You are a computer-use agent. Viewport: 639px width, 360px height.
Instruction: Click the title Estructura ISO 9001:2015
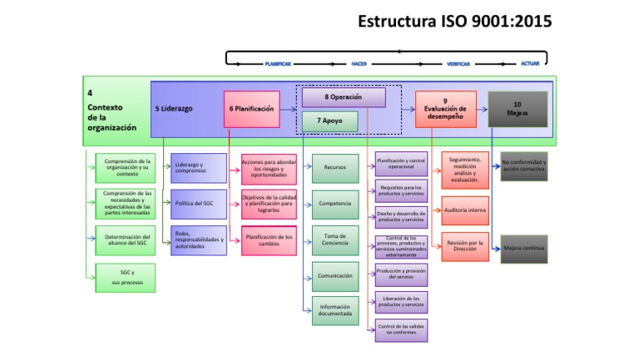(x=453, y=22)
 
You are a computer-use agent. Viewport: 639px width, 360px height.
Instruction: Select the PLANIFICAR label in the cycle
(x=278, y=64)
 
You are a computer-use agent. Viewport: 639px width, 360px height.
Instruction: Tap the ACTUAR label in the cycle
(x=529, y=64)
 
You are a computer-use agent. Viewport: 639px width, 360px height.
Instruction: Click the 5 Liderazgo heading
(x=174, y=109)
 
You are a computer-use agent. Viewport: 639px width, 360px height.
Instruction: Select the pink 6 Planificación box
(x=250, y=109)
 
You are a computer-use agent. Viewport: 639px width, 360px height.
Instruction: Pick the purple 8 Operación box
(x=344, y=97)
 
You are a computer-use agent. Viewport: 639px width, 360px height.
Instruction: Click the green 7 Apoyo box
(x=329, y=121)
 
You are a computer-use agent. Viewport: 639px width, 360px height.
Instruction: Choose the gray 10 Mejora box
(x=518, y=109)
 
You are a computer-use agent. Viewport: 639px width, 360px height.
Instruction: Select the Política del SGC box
(x=198, y=204)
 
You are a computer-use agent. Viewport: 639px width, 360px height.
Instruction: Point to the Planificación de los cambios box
(x=269, y=240)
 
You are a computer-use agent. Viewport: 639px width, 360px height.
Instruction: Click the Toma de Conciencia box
(x=335, y=240)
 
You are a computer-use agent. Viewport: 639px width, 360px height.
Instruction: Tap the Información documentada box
(x=335, y=311)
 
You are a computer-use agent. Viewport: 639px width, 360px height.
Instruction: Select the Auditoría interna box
(x=465, y=211)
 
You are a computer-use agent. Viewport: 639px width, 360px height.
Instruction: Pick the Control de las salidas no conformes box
(x=401, y=329)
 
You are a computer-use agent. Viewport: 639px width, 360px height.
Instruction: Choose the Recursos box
(x=335, y=168)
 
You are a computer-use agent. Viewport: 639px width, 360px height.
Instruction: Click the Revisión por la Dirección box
(x=465, y=248)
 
